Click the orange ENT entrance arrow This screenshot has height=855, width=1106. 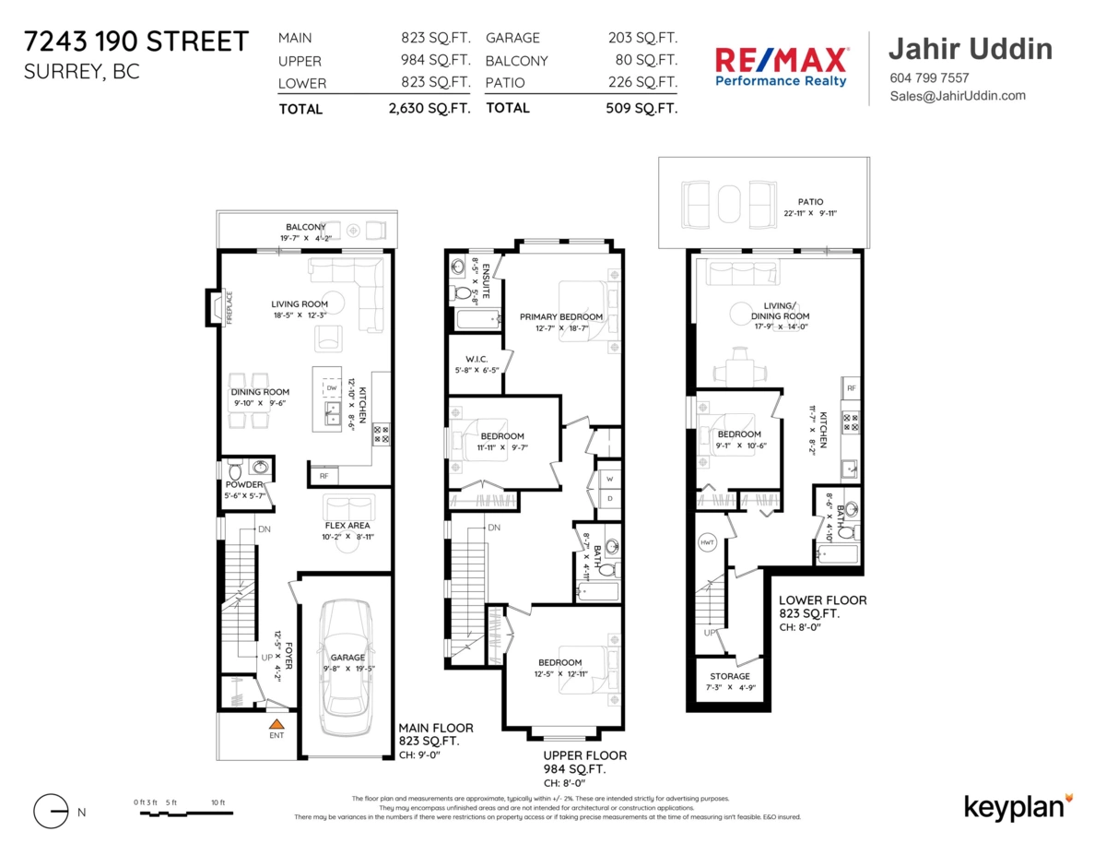click(x=276, y=722)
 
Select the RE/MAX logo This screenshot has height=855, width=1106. click(x=782, y=66)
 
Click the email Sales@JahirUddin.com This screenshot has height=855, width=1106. click(x=957, y=96)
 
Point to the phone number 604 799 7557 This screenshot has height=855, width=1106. click(x=929, y=78)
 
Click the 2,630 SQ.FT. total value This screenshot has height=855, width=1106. click(x=429, y=108)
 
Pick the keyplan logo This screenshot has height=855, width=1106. click(x=1018, y=806)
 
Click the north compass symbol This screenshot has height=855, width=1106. click(x=52, y=812)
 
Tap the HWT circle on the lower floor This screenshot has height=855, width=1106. click(x=708, y=541)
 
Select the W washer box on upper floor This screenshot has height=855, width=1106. click(x=609, y=480)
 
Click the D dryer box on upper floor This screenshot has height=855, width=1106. click(x=609, y=499)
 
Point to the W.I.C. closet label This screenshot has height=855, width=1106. click(x=477, y=359)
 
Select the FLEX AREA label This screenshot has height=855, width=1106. click(x=347, y=526)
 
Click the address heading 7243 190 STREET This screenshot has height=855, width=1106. click(x=135, y=42)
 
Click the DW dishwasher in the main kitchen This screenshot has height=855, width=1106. click(x=332, y=388)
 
